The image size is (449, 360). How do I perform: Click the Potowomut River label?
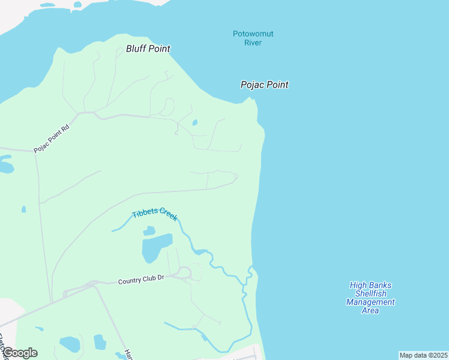tap(253, 38)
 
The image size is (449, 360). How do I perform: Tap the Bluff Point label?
tap(148, 49)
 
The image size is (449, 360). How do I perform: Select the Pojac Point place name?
tap(264, 85)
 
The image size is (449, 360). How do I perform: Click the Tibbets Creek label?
tap(155, 215)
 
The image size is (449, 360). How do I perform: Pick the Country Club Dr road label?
tap(141, 280)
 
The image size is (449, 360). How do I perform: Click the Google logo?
tap(19, 353)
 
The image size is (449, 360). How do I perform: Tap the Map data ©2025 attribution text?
tap(423, 355)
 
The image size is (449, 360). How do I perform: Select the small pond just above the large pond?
tap(149, 230)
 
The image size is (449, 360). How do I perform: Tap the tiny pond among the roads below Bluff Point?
tap(194, 123)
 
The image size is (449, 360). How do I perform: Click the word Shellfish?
tap(370, 293)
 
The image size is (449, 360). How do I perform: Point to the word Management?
tap(370, 302)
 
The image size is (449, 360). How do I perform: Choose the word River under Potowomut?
tap(253, 43)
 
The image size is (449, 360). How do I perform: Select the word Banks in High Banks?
tap(381, 285)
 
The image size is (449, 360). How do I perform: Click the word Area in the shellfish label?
tap(370, 310)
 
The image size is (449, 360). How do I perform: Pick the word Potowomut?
tap(253, 34)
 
